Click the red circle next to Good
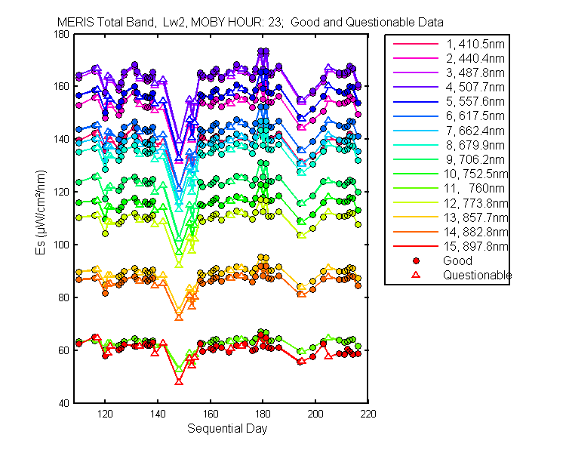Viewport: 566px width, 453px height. pyautogui.click(x=416, y=260)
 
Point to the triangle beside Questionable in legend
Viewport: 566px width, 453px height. pyautogui.click(x=416, y=275)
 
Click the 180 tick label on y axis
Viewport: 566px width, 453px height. pyautogui.click(x=61, y=34)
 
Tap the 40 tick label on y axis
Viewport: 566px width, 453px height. pyautogui.click(x=63, y=403)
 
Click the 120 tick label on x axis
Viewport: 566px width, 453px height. pyautogui.click(x=105, y=414)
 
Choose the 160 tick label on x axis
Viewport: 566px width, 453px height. pyautogui.click(x=211, y=414)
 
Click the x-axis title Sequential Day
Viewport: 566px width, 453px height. pyautogui.click(x=227, y=428)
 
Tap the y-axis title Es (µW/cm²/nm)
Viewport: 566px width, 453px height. pyautogui.click(x=41, y=212)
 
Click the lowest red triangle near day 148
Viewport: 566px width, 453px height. pyautogui.click(x=179, y=381)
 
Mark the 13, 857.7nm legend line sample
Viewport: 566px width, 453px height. pyautogui.click(x=416, y=217)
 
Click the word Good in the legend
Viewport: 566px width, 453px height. pyautogui.click(x=457, y=260)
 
